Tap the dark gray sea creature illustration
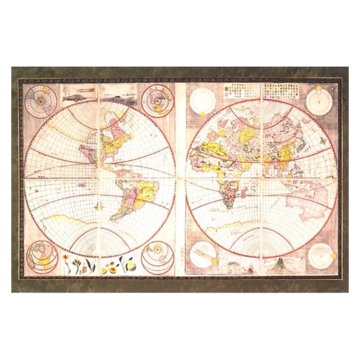(114, 96)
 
